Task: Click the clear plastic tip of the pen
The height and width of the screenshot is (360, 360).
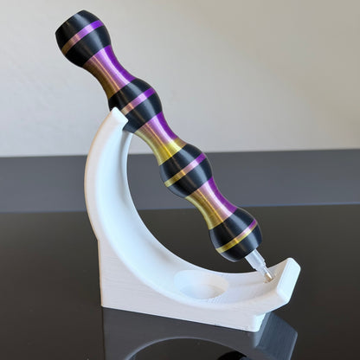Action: pos(259,265)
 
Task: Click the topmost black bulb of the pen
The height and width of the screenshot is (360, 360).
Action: pos(83,36)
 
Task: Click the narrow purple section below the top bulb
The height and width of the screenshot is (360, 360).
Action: pos(110,71)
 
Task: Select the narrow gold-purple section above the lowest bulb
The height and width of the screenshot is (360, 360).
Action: pos(210,202)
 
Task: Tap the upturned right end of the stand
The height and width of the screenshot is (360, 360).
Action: pos(291,275)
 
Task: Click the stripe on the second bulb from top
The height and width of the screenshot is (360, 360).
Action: pos(137,101)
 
